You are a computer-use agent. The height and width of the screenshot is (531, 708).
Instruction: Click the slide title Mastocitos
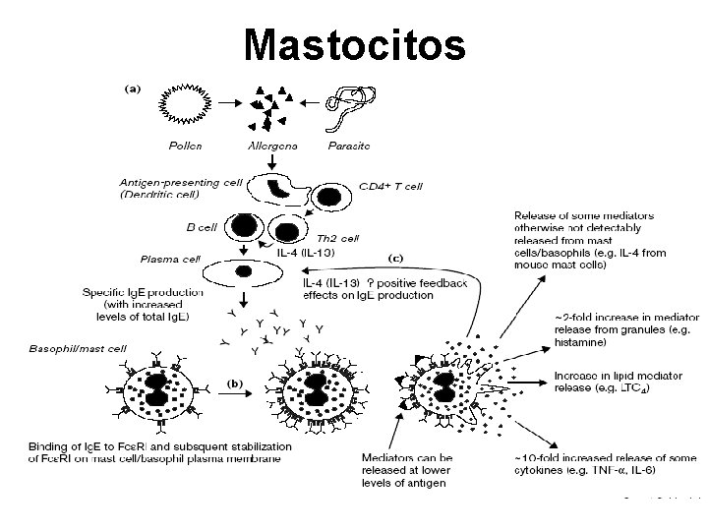tap(354, 43)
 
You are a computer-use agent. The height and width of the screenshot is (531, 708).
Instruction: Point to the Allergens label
tap(272, 146)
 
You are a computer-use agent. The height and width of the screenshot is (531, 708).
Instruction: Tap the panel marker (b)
tap(236, 381)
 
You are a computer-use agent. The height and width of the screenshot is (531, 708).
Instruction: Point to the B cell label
tap(201, 227)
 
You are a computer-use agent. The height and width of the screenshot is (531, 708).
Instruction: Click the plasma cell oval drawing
tap(245, 270)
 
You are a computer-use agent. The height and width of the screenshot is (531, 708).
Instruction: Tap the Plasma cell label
tap(171, 260)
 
